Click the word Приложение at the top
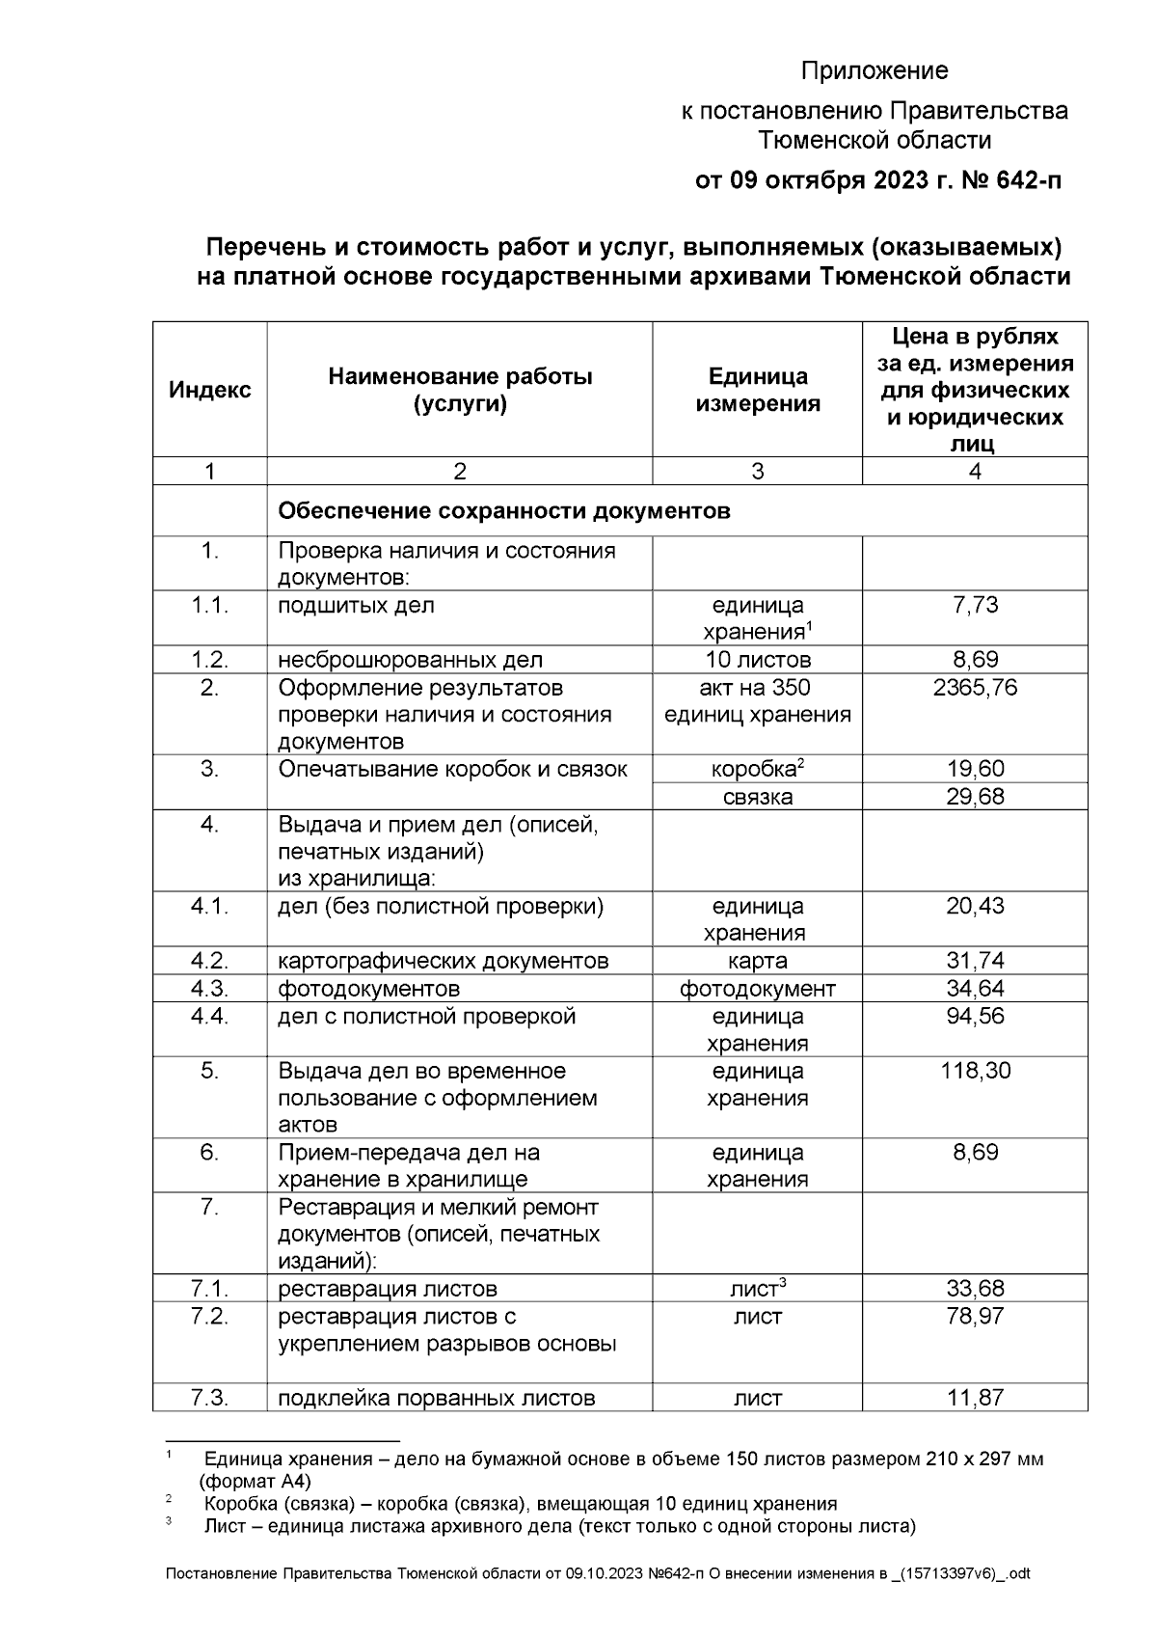click(874, 71)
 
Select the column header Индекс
click(209, 390)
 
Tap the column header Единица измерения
click(757, 390)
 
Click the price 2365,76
click(975, 688)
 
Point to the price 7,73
click(975, 606)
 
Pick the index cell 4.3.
click(209, 989)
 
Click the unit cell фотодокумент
click(757, 989)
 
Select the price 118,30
click(975, 1071)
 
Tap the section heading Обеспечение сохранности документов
click(503, 511)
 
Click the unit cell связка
click(757, 797)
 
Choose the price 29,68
click(975, 797)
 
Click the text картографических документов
click(444, 962)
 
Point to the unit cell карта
click(757, 962)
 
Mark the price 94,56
click(975, 1017)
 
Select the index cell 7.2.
click(209, 1317)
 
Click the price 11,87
click(975, 1398)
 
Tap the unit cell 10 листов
click(757, 661)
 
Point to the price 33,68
click(975, 1289)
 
